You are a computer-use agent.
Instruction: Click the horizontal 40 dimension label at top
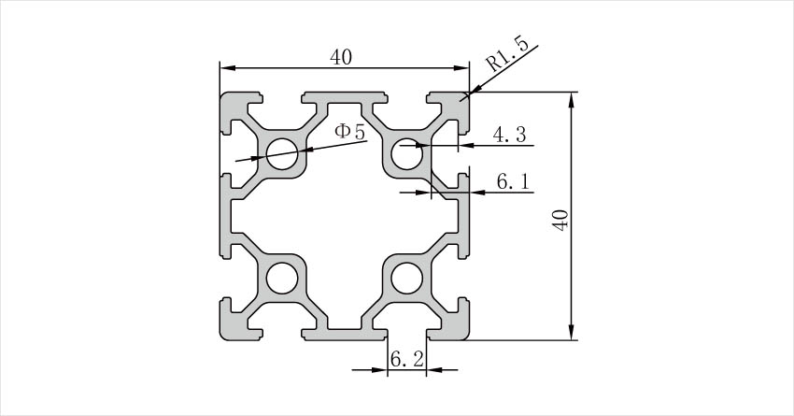(x=341, y=57)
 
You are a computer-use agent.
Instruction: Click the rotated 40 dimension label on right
(x=560, y=221)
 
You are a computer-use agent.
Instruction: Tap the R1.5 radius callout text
(x=508, y=57)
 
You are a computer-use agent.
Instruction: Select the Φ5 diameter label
(x=349, y=132)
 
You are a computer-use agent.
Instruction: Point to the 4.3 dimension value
(x=513, y=136)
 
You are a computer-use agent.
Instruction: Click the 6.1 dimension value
(x=514, y=182)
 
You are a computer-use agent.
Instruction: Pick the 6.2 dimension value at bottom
(x=406, y=358)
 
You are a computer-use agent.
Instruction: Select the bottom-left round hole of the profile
(x=281, y=279)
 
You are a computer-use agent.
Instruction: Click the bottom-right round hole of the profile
(x=406, y=279)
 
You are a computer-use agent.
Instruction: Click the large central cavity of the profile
(x=344, y=217)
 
